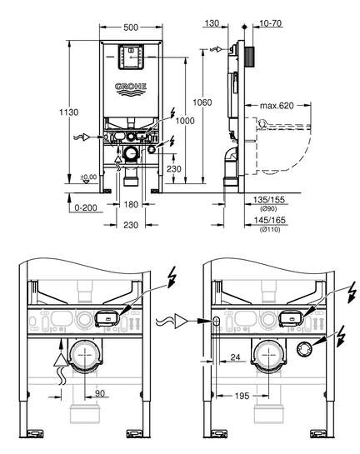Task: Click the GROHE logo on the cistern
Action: [x=131, y=88]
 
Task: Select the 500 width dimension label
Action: [x=131, y=27]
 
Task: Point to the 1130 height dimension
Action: [x=69, y=112]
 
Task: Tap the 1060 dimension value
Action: [x=202, y=102]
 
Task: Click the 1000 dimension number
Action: [x=185, y=121]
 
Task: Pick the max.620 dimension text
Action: [x=277, y=106]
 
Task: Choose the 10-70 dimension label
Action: [x=271, y=23]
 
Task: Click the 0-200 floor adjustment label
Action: [x=86, y=207]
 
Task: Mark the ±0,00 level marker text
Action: [x=88, y=177]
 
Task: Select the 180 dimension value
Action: [x=131, y=204]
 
